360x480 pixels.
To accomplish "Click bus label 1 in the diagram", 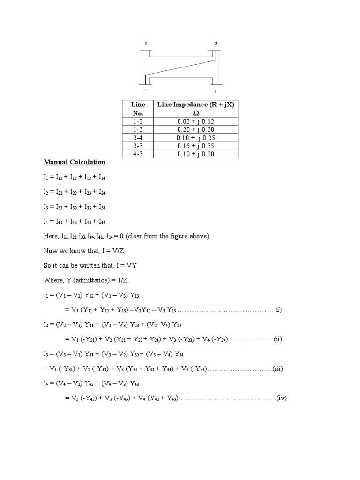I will (146, 43).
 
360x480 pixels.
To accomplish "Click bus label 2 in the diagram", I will (216, 43).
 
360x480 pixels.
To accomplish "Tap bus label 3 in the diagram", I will (145, 90).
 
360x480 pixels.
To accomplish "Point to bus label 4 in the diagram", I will (215, 91).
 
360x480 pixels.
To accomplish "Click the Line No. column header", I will (139, 108).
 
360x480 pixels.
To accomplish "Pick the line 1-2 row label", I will (139, 121).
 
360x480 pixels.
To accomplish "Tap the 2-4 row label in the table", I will (139, 137).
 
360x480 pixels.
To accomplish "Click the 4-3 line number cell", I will (139, 154).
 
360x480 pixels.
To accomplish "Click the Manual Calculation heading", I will (75, 162).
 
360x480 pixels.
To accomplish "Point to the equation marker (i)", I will (278, 310).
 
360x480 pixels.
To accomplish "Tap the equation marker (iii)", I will (277, 369).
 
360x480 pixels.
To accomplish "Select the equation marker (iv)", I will (281, 398).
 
